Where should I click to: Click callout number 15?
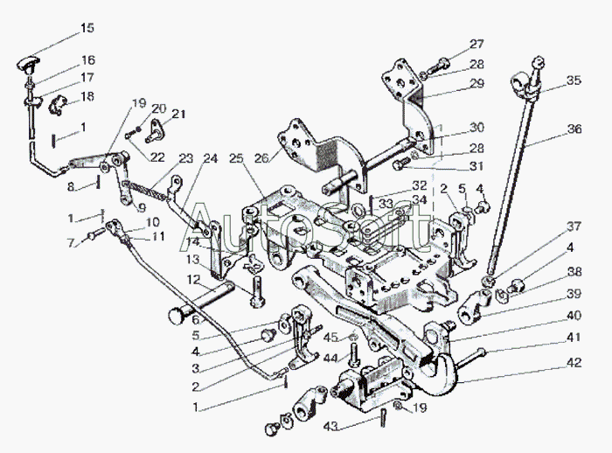point(87,28)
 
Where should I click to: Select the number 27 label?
point(475,45)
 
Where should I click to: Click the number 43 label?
point(330,426)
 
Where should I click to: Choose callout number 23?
point(185,158)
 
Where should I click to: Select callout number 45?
point(330,337)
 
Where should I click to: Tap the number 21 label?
point(178,115)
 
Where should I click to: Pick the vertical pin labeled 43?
point(382,420)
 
